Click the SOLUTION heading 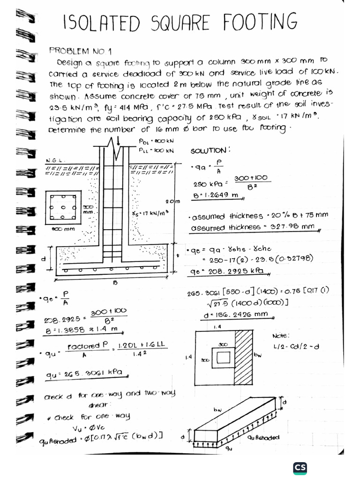(210, 151)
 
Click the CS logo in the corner (300, 468)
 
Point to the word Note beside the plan (281, 336)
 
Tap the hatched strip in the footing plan (244, 359)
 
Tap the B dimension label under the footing (114, 283)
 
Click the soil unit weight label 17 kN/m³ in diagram (150, 213)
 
